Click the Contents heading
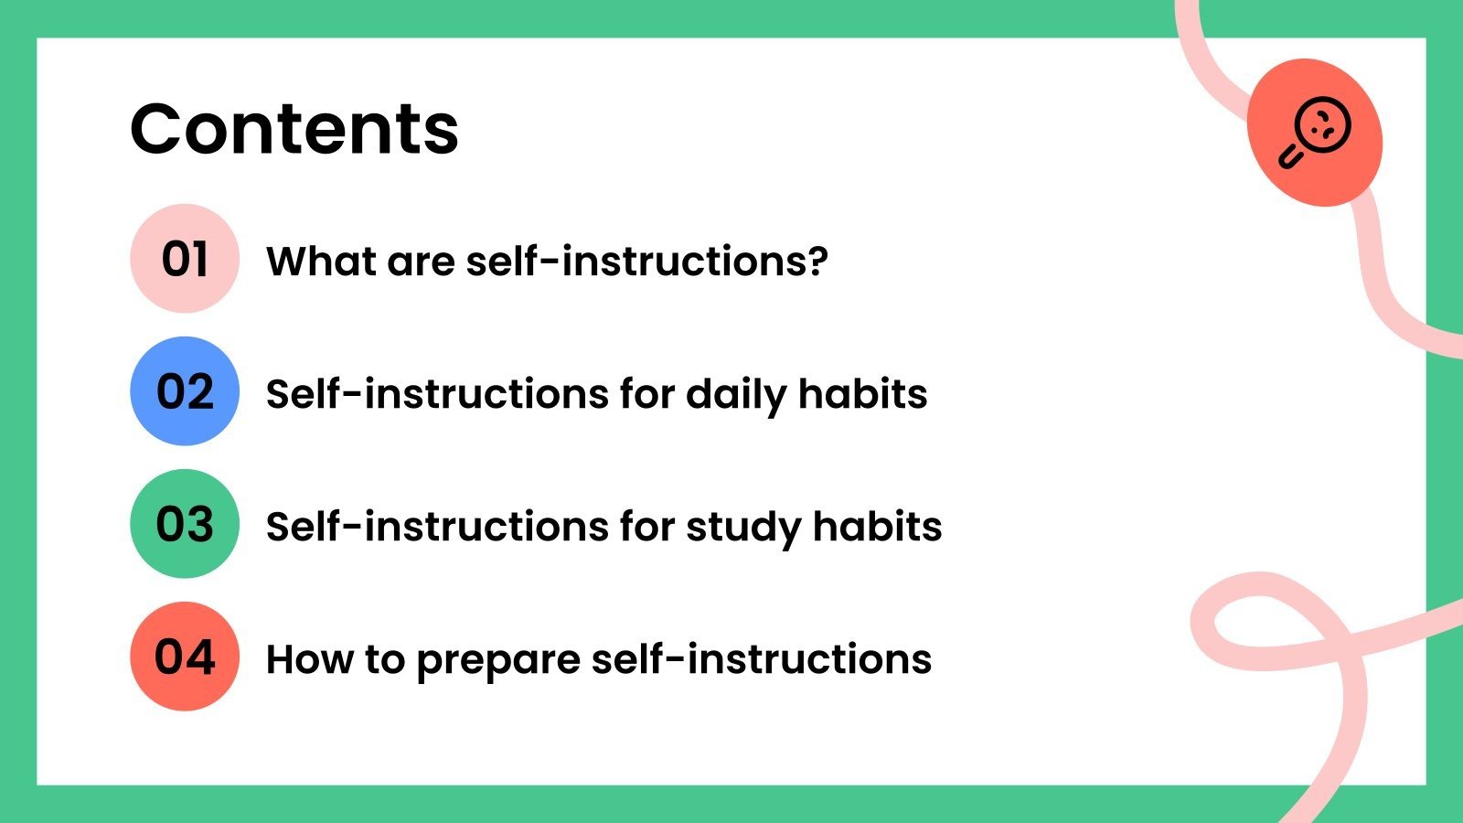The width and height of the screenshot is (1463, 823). point(294,129)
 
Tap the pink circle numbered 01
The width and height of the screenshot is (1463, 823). point(185,259)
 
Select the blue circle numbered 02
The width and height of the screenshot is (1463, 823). point(185,391)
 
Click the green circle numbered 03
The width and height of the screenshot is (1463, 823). point(185,524)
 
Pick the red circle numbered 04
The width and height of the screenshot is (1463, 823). point(185,657)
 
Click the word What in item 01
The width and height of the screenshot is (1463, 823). point(319,262)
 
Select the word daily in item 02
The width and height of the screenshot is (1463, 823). point(735,395)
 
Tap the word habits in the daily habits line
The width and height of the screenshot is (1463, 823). point(862,394)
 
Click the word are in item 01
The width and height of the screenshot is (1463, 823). point(420,262)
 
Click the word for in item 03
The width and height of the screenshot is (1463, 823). point(648,527)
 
